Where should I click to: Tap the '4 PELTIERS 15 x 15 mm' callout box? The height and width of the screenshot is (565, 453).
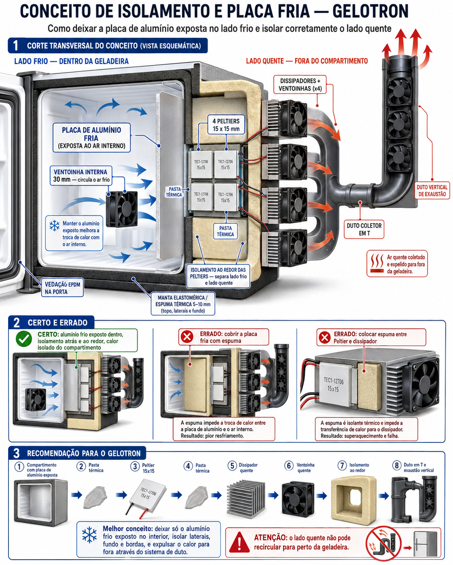tap(226, 125)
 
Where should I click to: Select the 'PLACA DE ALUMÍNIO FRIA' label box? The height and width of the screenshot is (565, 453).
tap(92, 138)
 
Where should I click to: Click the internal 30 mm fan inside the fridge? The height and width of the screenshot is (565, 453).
tap(122, 209)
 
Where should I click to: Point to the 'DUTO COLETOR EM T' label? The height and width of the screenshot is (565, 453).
tap(364, 229)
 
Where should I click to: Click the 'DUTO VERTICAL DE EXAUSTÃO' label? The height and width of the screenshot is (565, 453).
tap(432, 190)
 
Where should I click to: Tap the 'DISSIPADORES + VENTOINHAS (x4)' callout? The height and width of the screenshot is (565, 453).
tap(300, 85)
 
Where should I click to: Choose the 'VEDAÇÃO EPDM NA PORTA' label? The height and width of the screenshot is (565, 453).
tap(62, 288)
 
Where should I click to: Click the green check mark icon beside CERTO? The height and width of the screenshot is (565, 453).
tap(24, 339)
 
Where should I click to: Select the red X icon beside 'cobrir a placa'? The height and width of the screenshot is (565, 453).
tap(187, 337)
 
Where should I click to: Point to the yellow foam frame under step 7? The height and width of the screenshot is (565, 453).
tap(354, 499)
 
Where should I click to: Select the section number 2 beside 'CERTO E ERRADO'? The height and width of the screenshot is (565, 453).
tap(16, 322)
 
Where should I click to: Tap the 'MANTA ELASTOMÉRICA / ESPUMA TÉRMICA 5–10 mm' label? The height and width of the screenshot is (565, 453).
tap(183, 304)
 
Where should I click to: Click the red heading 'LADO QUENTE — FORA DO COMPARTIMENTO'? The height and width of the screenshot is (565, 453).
tap(307, 61)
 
